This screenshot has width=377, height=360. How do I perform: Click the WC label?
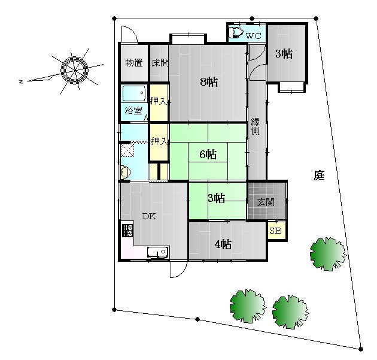pyautogui.click(x=254, y=36)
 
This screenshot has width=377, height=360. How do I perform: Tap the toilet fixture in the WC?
pyautogui.click(x=236, y=32)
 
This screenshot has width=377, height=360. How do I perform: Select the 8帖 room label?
pyautogui.click(x=209, y=82)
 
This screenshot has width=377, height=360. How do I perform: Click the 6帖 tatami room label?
pyautogui.click(x=208, y=155)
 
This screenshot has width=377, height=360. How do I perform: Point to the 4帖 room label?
pyautogui.click(x=223, y=244)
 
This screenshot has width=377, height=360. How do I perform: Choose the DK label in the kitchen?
pyautogui.click(x=150, y=216)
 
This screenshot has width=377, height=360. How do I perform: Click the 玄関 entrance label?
pyautogui.click(x=266, y=202)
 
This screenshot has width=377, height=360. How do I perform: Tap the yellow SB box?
pyautogui.click(x=276, y=231)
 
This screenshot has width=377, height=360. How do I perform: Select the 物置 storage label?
pyautogui.click(x=134, y=63)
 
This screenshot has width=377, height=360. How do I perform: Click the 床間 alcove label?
pyautogui.click(x=160, y=63)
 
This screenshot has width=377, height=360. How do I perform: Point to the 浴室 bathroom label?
pyautogui.click(x=133, y=111)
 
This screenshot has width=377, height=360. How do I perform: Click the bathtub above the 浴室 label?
pyautogui.click(x=133, y=93)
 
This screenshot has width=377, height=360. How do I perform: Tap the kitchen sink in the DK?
pyautogui.click(x=157, y=252)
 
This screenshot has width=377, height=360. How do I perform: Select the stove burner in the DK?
pyautogui.click(x=127, y=231)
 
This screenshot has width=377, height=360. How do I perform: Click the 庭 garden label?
pyautogui.click(x=319, y=176)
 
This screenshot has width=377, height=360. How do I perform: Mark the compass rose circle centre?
pyautogui.click(x=75, y=70)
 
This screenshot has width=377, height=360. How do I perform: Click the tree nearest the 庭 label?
pyautogui.click(x=328, y=254)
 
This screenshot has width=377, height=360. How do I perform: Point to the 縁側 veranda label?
pyautogui.click(x=255, y=126)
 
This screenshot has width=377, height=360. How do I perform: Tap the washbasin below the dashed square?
pyautogui.click(x=125, y=173)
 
